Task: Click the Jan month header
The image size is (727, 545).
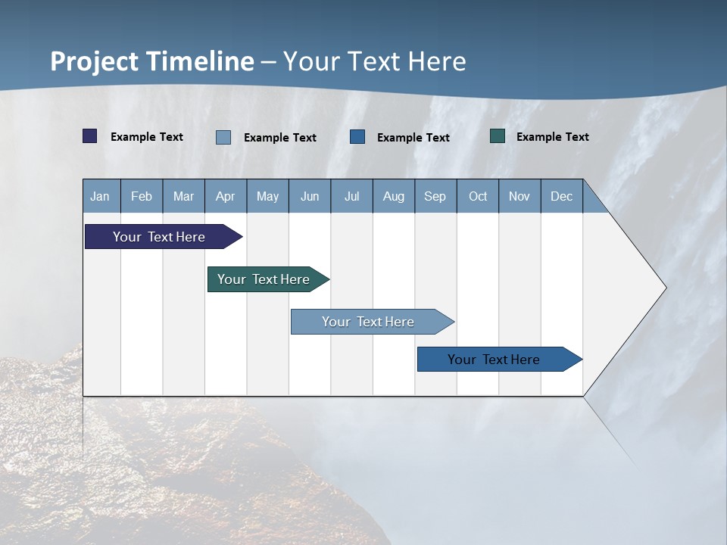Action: tap(100, 196)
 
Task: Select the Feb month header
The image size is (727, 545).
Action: tap(142, 196)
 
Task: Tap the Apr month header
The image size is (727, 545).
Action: tap(226, 196)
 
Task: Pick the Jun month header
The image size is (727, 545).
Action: tap(310, 196)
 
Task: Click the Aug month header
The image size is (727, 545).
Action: tap(394, 196)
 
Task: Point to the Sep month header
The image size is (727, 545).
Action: tap(435, 196)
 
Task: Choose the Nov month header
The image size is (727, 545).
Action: tap(520, 196)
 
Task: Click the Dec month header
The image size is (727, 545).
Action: tap(562, 196)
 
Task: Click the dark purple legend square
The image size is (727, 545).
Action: tap(90, 136)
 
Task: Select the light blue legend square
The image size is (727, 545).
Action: tap(223, 137)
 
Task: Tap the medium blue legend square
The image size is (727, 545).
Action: tap(357, 137)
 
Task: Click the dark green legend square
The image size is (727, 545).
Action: tap(498, 136)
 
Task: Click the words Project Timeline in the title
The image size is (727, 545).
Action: tap(151, 61)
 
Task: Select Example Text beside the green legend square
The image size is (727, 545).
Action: tap(552, 137)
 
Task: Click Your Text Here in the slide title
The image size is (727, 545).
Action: tap(375, 61)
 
